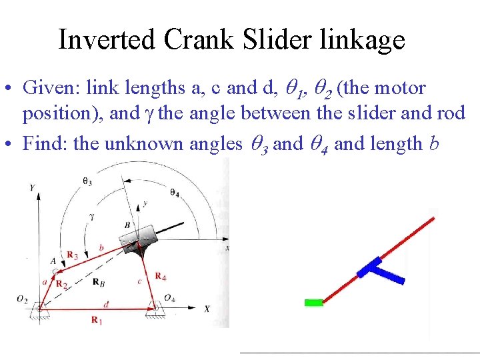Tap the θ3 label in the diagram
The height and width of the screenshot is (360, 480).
click(87, 181)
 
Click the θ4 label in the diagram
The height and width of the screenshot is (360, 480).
click(174, 193)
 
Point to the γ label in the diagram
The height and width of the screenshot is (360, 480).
click(91, 217)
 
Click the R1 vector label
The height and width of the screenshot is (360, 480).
click(97, 321)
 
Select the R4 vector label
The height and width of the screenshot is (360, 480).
click(161, 275)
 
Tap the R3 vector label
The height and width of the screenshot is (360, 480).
click(73, 255)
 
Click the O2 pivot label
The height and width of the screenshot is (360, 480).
click(23, 299)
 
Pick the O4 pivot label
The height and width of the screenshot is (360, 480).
click(170, 297)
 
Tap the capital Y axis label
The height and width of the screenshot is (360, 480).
click(31, 188)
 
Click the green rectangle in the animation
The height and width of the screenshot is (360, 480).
click(313, 303)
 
